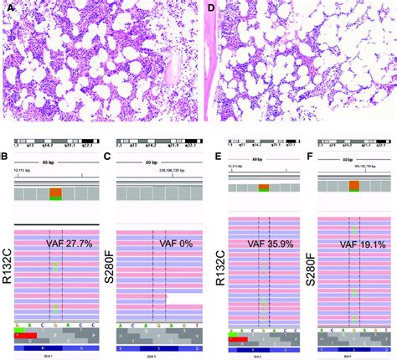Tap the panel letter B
pos(7,157)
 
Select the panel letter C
pos(107,157)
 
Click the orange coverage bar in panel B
pos(56,193)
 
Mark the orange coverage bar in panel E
pos(264,188)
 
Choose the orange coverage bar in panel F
pos(354,186)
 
